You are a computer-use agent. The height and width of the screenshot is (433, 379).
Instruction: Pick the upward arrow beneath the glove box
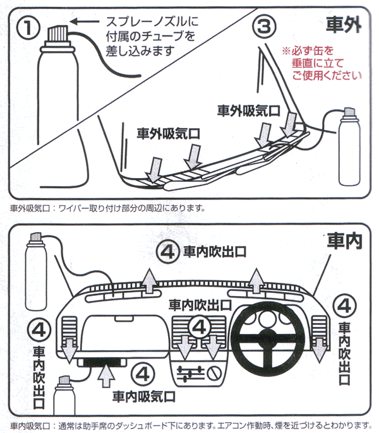[x=106, y=377]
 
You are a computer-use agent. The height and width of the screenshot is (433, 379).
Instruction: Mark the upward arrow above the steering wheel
[x=257, y=280]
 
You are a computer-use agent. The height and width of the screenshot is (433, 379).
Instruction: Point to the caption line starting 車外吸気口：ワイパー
[x=107, y=208]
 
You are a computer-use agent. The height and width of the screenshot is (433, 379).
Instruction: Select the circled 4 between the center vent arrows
[x=199, y=326]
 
